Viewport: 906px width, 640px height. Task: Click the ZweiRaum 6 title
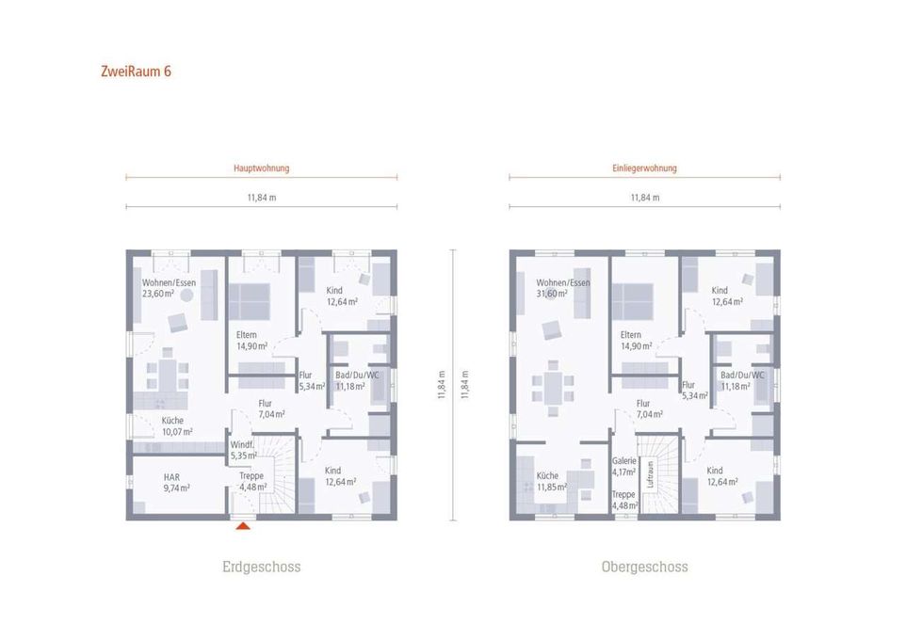(x=136, y=72)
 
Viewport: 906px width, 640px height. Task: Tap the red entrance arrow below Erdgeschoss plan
(x=243, y=525)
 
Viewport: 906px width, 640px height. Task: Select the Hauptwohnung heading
(x=261, y=168)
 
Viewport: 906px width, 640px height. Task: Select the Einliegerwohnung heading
(x=644, y=168)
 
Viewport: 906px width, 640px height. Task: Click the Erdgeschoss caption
(x=261, y=567)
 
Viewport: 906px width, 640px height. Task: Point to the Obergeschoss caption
(x=644, y=567)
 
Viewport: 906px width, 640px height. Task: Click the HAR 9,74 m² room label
(x=176, y=482)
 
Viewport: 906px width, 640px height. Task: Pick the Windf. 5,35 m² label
(x=243, y=450)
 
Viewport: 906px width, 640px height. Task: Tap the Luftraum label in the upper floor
(x=651, y=473)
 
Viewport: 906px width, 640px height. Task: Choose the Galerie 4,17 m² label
(x=624, y=466)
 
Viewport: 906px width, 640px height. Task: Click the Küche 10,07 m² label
(x=177, y=426)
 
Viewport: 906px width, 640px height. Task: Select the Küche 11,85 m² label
(x=552, y=481)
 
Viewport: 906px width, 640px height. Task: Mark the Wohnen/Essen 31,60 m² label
(x=563, y=288)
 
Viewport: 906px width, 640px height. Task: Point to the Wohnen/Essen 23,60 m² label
(x=169, y=288)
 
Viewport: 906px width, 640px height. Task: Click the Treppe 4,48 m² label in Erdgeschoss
(x=252, y=481)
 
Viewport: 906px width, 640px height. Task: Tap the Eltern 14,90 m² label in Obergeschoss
(x=636, y=340)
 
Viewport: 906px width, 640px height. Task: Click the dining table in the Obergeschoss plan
(x=554, y=388)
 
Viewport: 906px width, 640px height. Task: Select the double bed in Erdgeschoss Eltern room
(x=249, y=301)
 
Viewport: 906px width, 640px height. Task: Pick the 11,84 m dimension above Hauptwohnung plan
(x=262, y=198)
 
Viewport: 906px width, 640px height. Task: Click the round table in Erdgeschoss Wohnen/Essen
(x=186, y=296)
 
